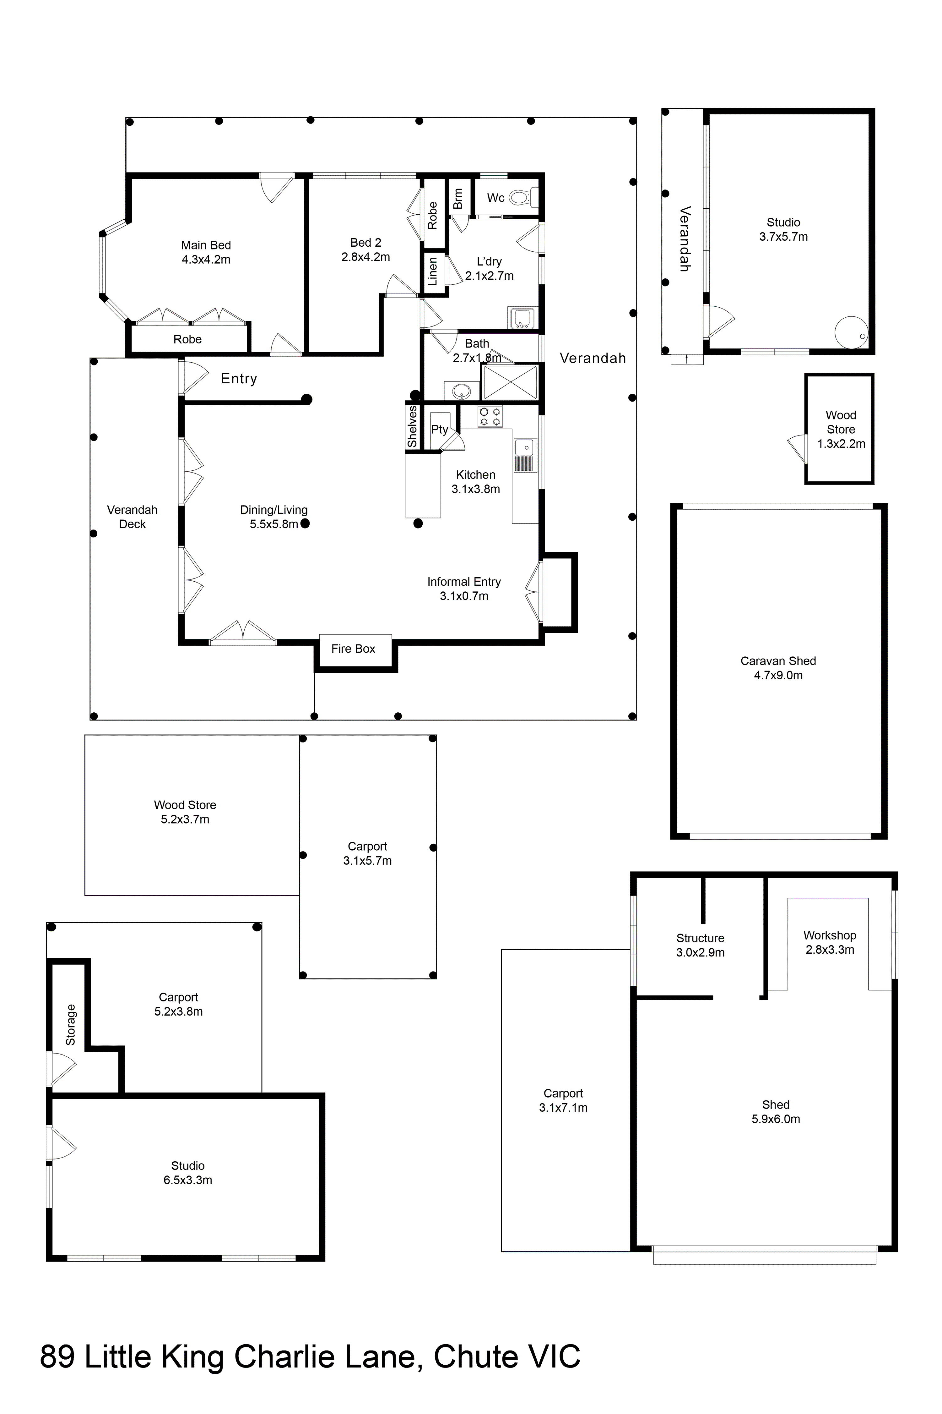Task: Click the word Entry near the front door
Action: [239, 379]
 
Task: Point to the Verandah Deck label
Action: [132, 517]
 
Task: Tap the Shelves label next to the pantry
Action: [412, 427]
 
